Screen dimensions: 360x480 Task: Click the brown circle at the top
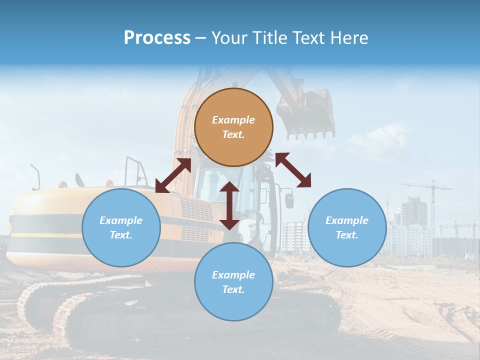click(233, 127)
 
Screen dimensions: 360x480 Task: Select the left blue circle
click(121, 227)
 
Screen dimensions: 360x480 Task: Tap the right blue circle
click(347, 227)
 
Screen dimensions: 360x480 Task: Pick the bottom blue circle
click(233, 282)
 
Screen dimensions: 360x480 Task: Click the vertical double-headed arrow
click(229, 205)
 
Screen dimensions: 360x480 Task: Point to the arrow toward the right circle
click(293, 170)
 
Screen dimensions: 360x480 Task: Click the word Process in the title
click(157, 37)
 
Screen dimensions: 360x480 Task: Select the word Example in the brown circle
click(233, 120)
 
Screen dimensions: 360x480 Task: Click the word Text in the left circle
click(121, 235)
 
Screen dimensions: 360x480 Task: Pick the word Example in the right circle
click(347, 220)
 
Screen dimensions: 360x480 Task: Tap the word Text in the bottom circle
click(233, 289)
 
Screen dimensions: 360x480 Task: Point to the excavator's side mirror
click(289, 200)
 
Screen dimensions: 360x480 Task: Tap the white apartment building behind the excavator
click(295, 237)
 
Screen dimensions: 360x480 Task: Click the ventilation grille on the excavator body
click(196, 210)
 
